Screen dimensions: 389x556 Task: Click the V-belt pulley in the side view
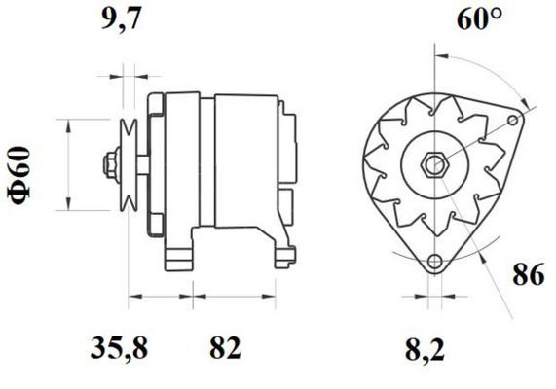pyautogui.click(x=127, y=162)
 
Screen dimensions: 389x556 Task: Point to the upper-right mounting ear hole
pyautogui.click(x=513, y=120)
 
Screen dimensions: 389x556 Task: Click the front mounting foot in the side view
pyautogui.click(x=180, y=254)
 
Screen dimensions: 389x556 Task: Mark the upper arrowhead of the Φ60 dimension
pyautogui.click(x=68, y=124)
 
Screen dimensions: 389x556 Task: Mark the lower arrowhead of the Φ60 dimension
pyautogui.click(x=68, y=205)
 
